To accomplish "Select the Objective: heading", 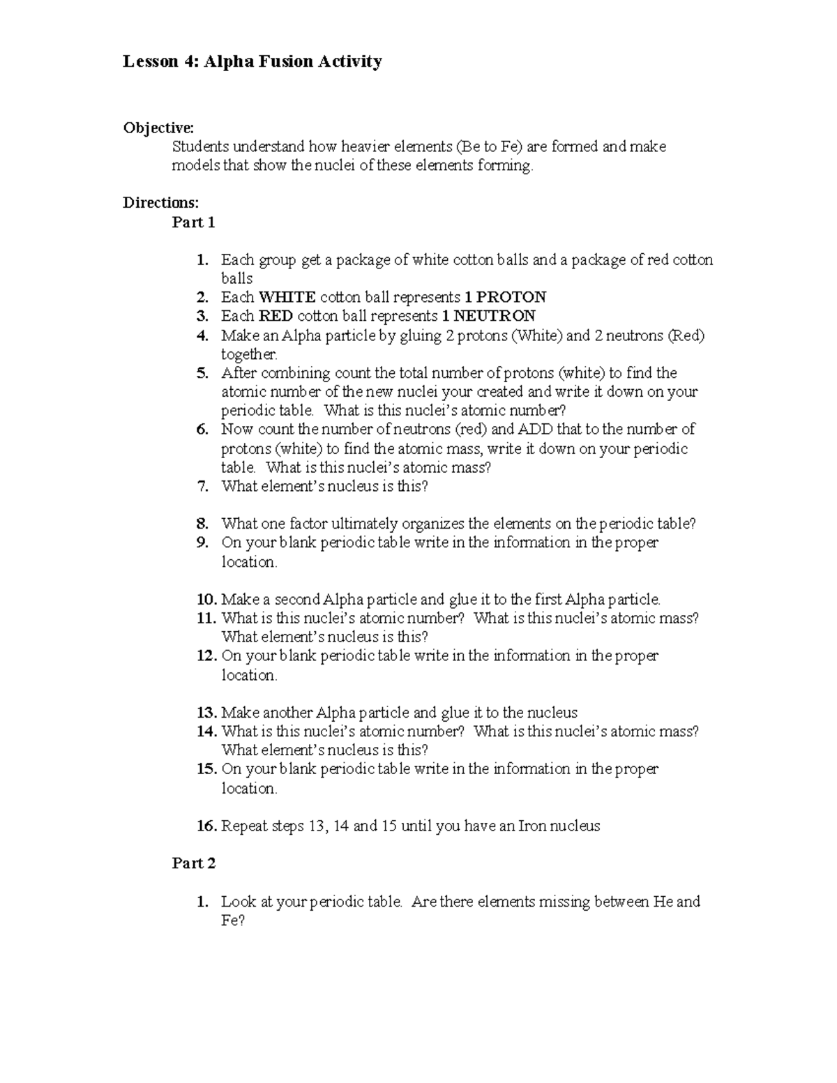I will [x=158, y=128].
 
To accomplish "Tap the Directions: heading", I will [x=160, y=203].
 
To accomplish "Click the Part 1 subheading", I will [x=193, y=222].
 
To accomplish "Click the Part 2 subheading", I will [x=193, y=863].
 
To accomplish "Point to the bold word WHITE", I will [x=287, y=297].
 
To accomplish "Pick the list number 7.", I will [x=202, y=487].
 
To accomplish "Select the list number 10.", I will [x=206, y=600].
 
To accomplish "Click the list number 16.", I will [x=206, y=826].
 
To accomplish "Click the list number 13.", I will [x=206, y=713].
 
